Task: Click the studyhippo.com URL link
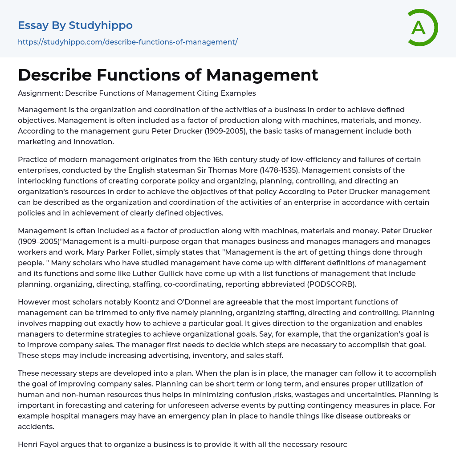tap(127, 42)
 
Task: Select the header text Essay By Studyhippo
tap(75, 25)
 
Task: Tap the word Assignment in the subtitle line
tap(39, 93)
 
